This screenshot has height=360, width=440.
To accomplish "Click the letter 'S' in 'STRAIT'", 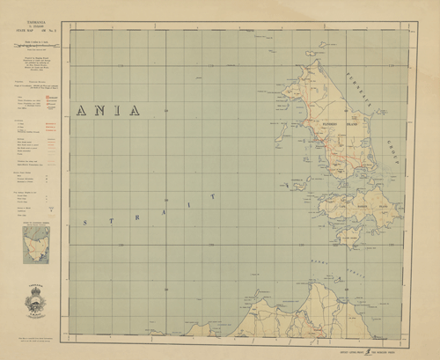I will [84, 223].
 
